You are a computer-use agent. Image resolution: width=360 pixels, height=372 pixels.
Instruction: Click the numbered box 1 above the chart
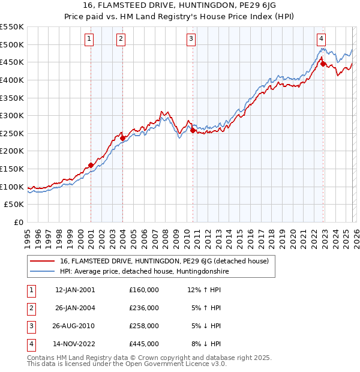tap(89, 40)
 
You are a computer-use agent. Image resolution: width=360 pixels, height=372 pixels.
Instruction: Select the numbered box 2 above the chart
tap(121, 40)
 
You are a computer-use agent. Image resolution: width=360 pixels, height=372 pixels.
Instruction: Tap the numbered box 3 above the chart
tap(191, 40)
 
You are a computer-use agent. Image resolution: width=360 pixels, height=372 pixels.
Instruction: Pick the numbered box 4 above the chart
tap(322, 40)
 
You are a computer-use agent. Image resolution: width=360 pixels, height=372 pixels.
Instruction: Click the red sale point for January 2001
tap(91, 165)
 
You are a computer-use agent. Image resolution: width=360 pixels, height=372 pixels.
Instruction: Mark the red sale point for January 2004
tap(122, 138)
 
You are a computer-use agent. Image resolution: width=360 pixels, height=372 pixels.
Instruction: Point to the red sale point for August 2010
tap(193, 130)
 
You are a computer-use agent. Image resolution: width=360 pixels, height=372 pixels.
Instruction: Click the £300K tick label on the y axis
tap(13, 115)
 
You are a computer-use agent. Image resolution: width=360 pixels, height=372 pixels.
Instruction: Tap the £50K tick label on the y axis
tap(15, 205)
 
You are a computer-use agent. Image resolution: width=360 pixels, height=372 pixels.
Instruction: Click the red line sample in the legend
tap(43, 261)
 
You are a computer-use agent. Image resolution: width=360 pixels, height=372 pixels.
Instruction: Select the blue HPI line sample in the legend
tap(43, 271)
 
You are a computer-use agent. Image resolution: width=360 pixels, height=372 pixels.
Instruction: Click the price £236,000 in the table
tap(143, 308)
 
